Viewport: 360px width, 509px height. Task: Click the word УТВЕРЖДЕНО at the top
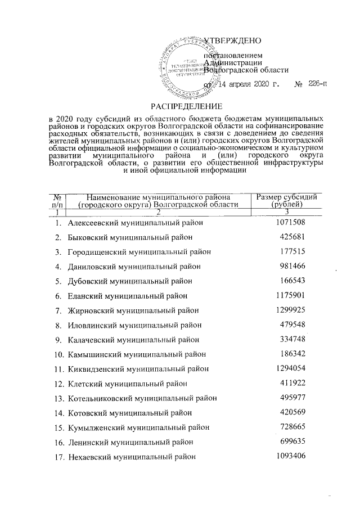[233, 41]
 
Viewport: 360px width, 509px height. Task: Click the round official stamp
[183, 67]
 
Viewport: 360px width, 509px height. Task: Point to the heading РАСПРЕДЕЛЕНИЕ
[186, 106]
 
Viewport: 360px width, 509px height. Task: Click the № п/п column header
[57, 200]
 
